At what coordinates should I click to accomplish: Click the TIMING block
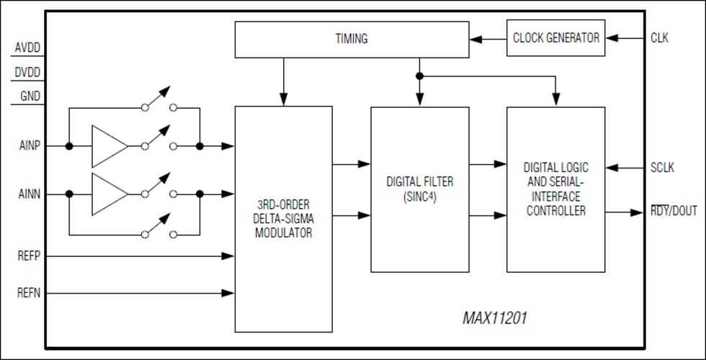pyautogui.click(x=352, y=40)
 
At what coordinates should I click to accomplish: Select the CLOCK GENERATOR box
pyautogui.click(x=555, y=38)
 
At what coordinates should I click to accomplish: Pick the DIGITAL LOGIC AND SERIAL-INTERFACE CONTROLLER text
pyautogui.click(x=555, y=189)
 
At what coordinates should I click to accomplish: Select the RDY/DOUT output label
pyautogui.click(x=673, y=212)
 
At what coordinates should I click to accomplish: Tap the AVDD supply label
pyautogui.click(x=27, y=49)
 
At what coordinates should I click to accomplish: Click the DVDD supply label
pyautogui.click(x=27, y=73)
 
